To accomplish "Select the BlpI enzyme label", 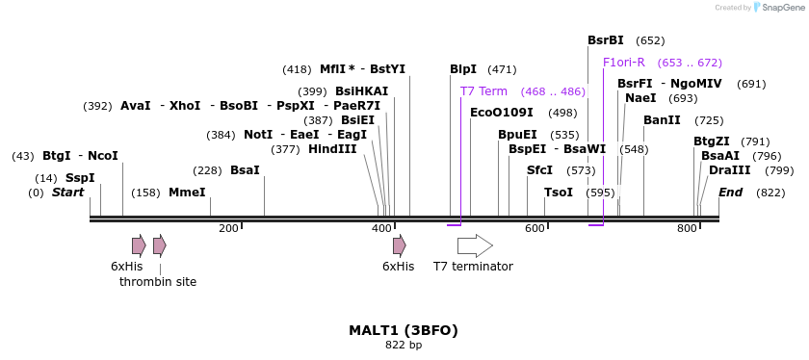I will click(x=463, y=69).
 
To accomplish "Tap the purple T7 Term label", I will click(x=483, y=91).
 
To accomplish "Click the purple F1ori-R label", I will click(x=624, y=63).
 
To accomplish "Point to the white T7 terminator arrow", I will click(x=475, y=245).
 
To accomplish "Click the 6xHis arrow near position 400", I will click(x=399, y=245).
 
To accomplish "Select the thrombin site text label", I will click(x=158, y=282).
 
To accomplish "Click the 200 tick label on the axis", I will click(x=228, y=228).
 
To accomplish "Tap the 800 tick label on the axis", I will click(x=687, y=228).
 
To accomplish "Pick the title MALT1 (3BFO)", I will click(x=404, y=330).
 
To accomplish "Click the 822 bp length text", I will click(x=404, y=345).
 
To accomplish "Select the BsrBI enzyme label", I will click(x=606, y=40).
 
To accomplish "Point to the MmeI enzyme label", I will click(x=187, y=193).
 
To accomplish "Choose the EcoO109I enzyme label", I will click(x=502, y=113).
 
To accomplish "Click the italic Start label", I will click(x=67, y=193).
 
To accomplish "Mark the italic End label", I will click(x=730, y=193).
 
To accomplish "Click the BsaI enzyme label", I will click(x=245, y=170).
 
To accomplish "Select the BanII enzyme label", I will click(x=662, y=120).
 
